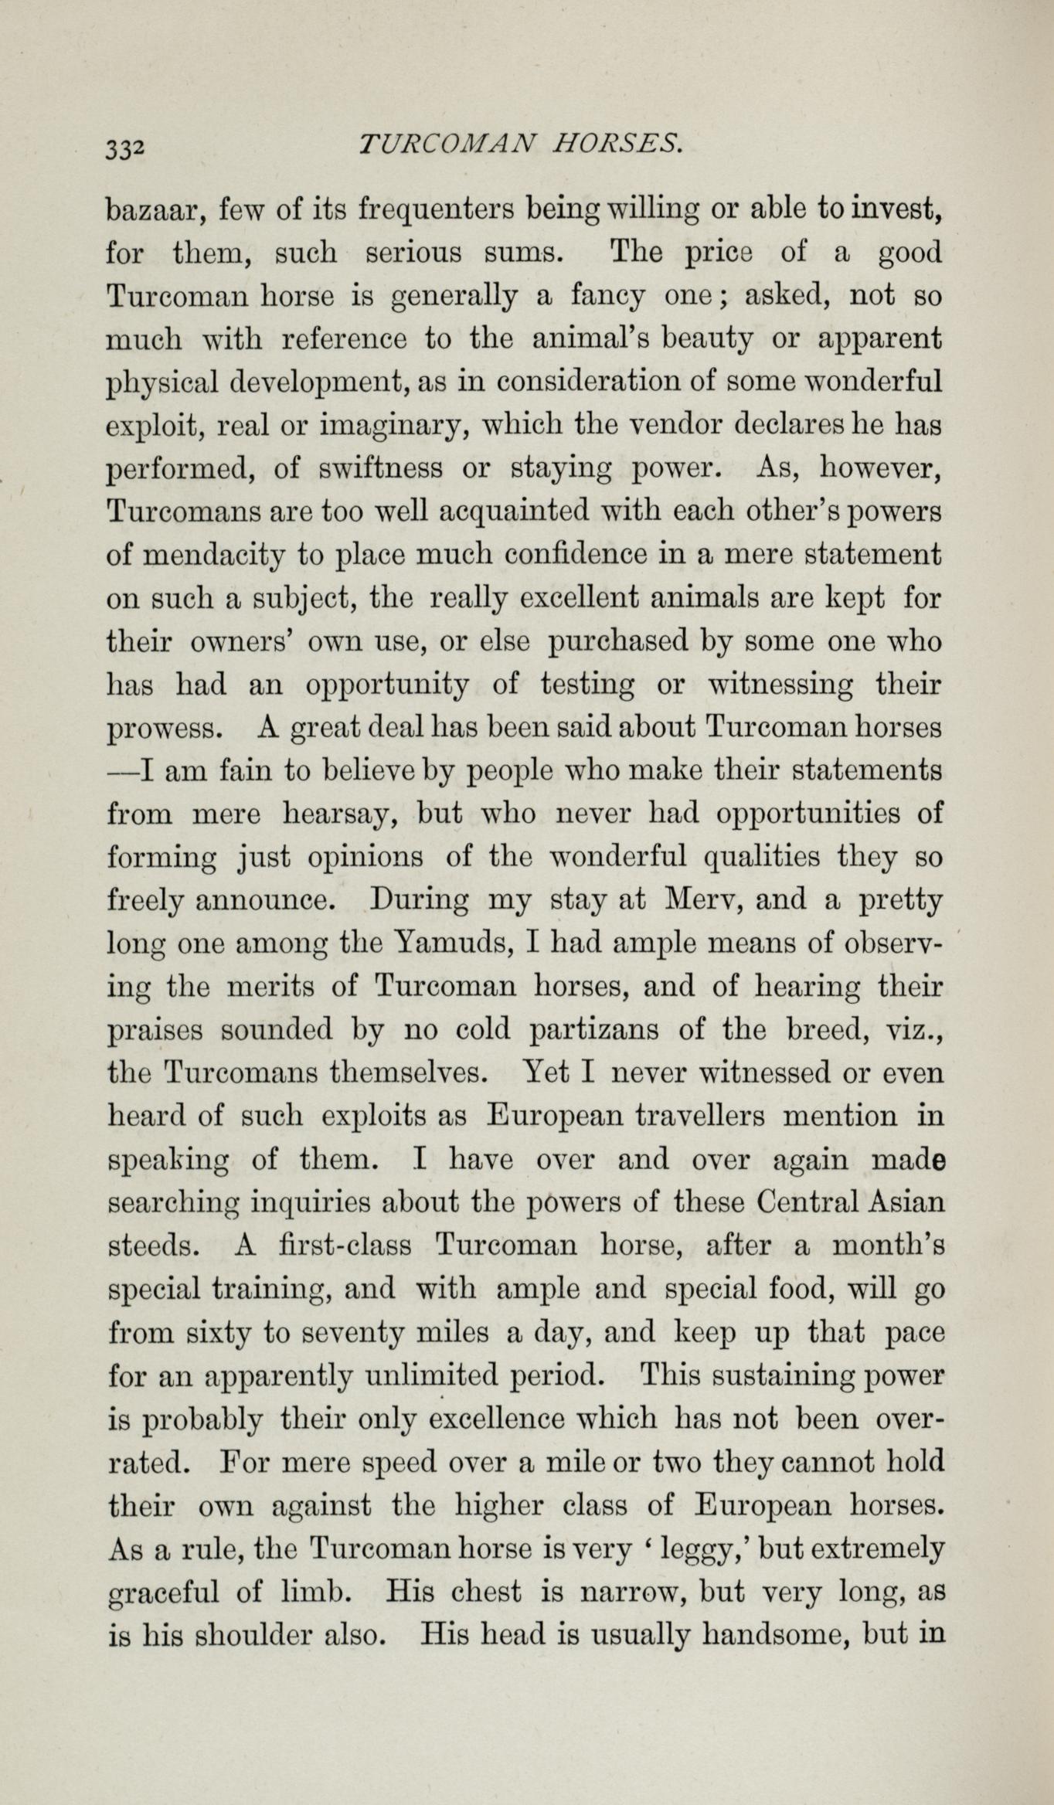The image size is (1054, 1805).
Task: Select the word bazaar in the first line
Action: tap(155, 210)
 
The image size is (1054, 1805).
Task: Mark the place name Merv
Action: tap(702, 901)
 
